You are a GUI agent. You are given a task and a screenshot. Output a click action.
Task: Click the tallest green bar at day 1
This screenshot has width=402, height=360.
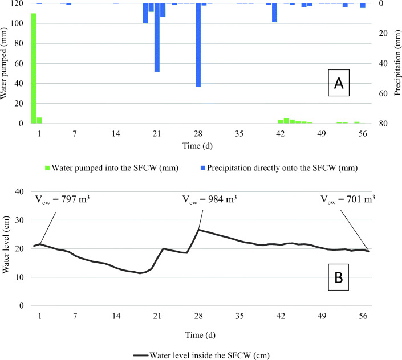pos(33,68)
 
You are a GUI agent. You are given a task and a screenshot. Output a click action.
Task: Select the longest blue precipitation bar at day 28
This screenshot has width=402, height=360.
pos(198,45)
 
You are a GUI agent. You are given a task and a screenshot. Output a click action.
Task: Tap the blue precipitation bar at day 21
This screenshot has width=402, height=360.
pos(157,38)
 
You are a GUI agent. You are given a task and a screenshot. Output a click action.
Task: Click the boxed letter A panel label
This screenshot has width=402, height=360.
pos(339,84)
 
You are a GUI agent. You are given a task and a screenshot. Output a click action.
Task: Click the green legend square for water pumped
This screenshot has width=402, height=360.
pos(46,168)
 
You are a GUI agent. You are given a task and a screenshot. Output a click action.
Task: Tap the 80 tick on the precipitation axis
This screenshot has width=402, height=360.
pos(383,124)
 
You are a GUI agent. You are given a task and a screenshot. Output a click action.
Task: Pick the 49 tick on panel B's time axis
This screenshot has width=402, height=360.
pos(321,316)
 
